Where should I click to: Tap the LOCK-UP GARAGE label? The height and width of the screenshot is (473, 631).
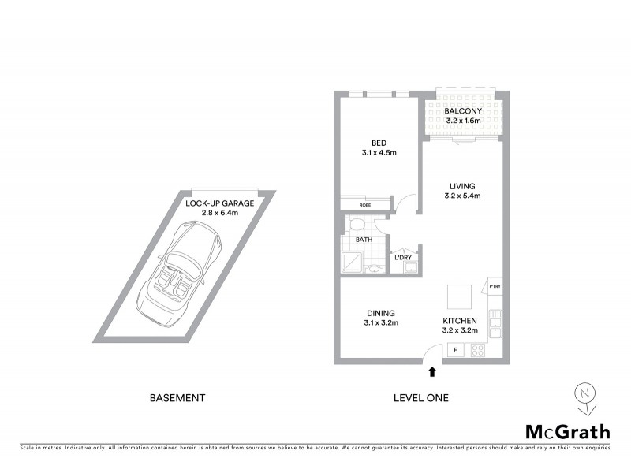219,203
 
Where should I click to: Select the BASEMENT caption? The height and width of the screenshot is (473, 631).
177,398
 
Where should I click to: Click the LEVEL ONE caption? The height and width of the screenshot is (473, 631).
420,398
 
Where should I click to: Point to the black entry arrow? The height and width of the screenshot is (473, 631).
431,371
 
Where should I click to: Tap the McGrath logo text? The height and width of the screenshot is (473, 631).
567,431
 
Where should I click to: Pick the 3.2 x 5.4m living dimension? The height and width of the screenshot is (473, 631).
463,196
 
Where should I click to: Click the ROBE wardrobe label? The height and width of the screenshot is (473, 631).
365,205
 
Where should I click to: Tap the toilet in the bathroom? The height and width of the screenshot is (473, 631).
356,225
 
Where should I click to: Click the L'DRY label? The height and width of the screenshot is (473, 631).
402,258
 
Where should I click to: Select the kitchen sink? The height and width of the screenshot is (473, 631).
495,322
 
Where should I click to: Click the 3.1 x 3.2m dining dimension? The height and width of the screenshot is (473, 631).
381,322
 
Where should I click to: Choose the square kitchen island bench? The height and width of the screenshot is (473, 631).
461,297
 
